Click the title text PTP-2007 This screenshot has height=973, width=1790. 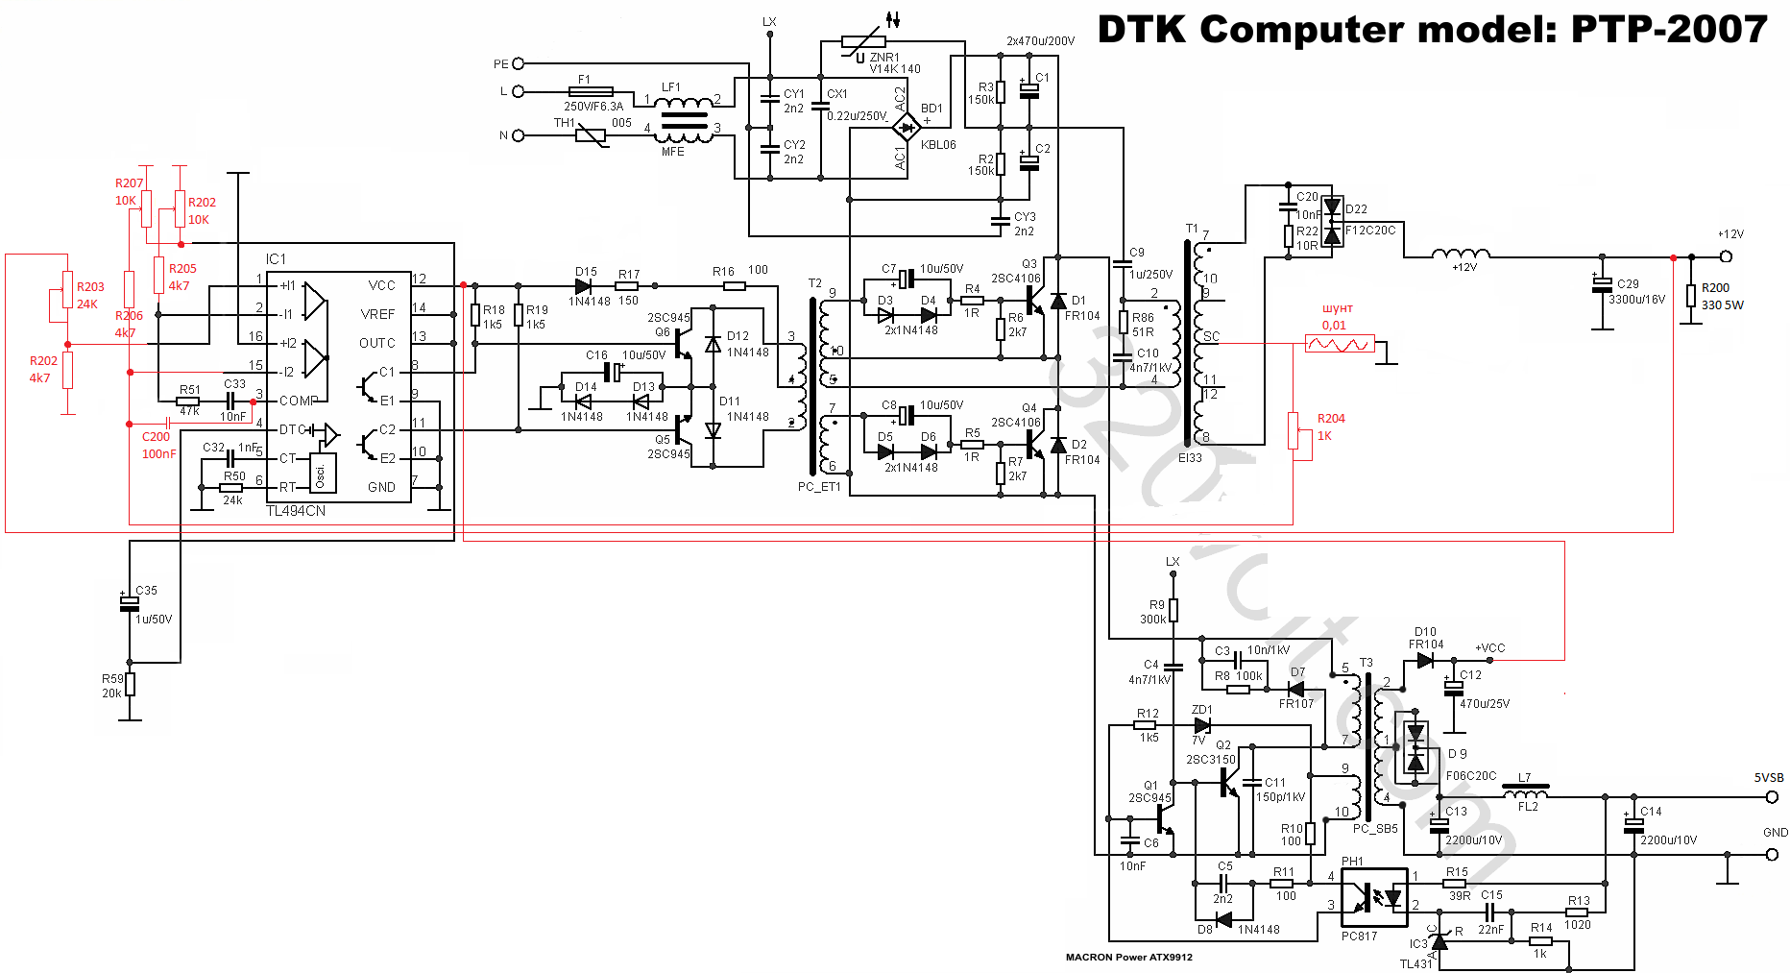1669,30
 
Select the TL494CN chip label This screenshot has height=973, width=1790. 296,511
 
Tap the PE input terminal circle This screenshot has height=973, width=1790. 519,64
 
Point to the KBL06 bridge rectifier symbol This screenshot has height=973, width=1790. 906,126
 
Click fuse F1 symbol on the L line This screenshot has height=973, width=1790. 591,92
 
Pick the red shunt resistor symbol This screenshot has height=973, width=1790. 1340,344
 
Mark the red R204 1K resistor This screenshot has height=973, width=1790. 1294,429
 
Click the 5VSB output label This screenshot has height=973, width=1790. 1769,778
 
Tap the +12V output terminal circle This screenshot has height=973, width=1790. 1726,256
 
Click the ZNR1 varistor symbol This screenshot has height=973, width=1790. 862,41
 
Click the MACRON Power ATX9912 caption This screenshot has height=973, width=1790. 1128,957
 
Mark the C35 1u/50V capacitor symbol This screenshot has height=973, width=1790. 129,603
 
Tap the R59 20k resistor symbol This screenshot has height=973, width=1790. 130,684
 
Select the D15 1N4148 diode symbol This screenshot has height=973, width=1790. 583,285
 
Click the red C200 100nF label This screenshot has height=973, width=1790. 158,446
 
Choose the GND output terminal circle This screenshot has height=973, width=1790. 1772,854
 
